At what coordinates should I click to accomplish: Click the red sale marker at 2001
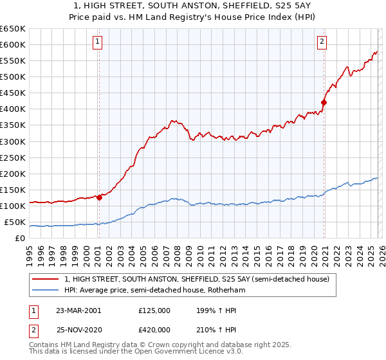[x=100, y=197]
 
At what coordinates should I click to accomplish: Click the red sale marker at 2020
[x=324, y=102]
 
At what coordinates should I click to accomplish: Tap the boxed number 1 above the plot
[x=97, y=42]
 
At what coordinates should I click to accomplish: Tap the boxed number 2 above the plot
[x=322, y=42]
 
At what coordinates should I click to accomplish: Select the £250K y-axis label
[x=13, y=157]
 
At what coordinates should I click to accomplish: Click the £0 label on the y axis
[x=21, y=239]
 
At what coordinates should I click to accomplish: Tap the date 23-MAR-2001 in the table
[x=78, y=310]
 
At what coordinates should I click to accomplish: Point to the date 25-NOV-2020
[x=78, y=329]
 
